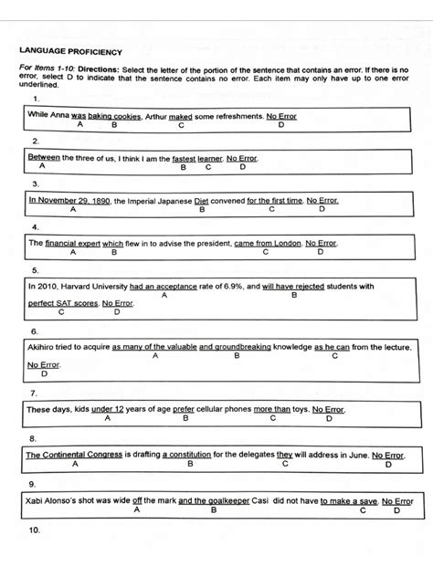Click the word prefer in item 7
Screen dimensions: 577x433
tap(184, 410)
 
